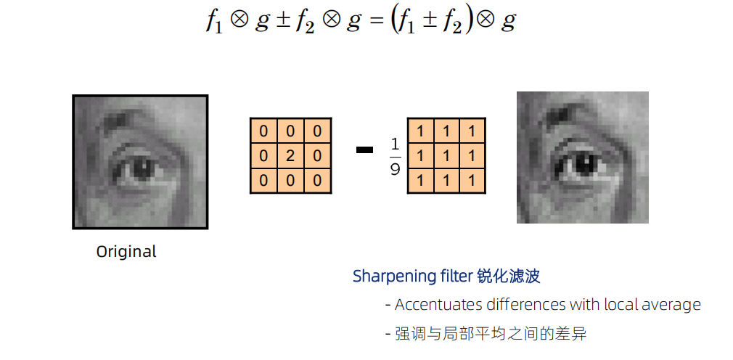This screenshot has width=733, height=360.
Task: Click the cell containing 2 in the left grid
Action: point(290,155)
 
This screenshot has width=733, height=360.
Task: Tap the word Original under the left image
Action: point(126,252)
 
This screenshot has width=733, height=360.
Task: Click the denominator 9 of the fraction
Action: point(395,170)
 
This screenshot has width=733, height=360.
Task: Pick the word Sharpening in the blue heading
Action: point(388,277)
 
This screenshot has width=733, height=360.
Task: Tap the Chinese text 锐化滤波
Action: point(509,276)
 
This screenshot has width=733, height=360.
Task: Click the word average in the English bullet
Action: point(672,305)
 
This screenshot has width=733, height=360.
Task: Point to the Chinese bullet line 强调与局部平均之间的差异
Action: point(491,334)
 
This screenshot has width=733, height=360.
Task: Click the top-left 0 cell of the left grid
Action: point(263,131)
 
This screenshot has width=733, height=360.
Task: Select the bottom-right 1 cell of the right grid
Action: point(472,179)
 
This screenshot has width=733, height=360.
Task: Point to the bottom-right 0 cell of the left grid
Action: point(317,179)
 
